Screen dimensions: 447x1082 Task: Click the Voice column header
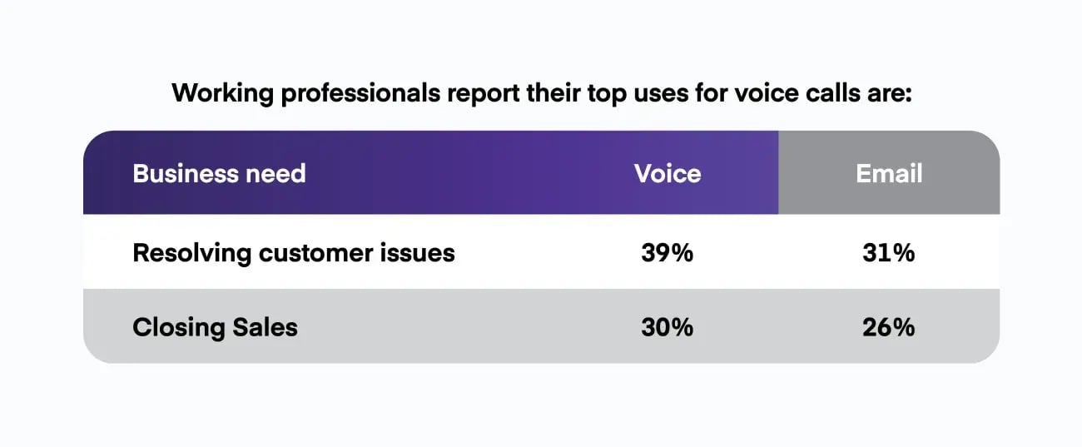[667, 174]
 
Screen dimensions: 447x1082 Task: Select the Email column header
[889, 174]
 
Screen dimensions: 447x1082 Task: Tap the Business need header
[219, 174]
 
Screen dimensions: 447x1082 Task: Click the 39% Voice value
[667, 253]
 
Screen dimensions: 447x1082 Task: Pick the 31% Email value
[889, 253]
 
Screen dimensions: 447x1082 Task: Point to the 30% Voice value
[667, 327]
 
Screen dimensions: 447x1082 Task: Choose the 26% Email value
[889, 327]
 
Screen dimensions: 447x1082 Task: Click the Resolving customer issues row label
[293, 253]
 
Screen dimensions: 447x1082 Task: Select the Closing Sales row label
[215, 327]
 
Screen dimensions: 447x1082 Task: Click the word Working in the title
[222, 92]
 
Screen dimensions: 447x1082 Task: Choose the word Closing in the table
[178, 327]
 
